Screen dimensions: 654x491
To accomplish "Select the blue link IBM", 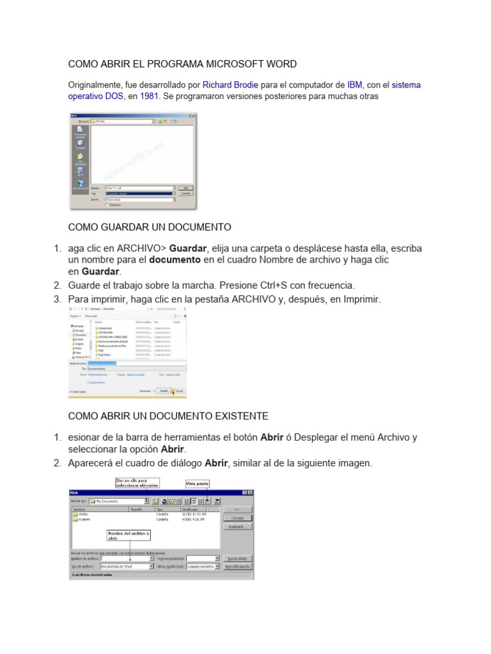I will pyautogui.click(x=355, y=84).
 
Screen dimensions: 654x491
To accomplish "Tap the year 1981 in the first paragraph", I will pyautogui.click(x=150, y=96).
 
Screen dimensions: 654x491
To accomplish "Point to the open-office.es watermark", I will pyautogui.click(x=134, y=160).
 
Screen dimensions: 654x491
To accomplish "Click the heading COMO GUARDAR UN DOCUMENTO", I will pyautogui.click(x=150, y=227).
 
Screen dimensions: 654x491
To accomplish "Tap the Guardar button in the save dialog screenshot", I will pyautogui.click(x=164, y=390).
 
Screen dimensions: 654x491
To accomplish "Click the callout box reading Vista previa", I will pyautogui.click(x=198, y=483).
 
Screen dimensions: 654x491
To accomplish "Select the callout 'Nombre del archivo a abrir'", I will pyautogui.click(x=129, y=535).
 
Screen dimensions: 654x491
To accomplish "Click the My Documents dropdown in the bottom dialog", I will pyautogui.click(x=119, y=501).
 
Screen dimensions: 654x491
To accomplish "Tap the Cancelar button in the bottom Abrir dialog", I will pyautogui.click(x=237, y=518).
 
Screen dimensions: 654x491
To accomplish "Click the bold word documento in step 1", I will pyautogui.click(x=175, y=261).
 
